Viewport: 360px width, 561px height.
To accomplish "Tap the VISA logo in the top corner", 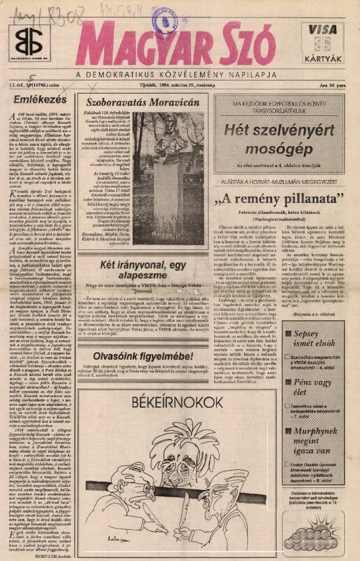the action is click(323, 30).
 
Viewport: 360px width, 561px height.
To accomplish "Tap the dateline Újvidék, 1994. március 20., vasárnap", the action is click(181, 85).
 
